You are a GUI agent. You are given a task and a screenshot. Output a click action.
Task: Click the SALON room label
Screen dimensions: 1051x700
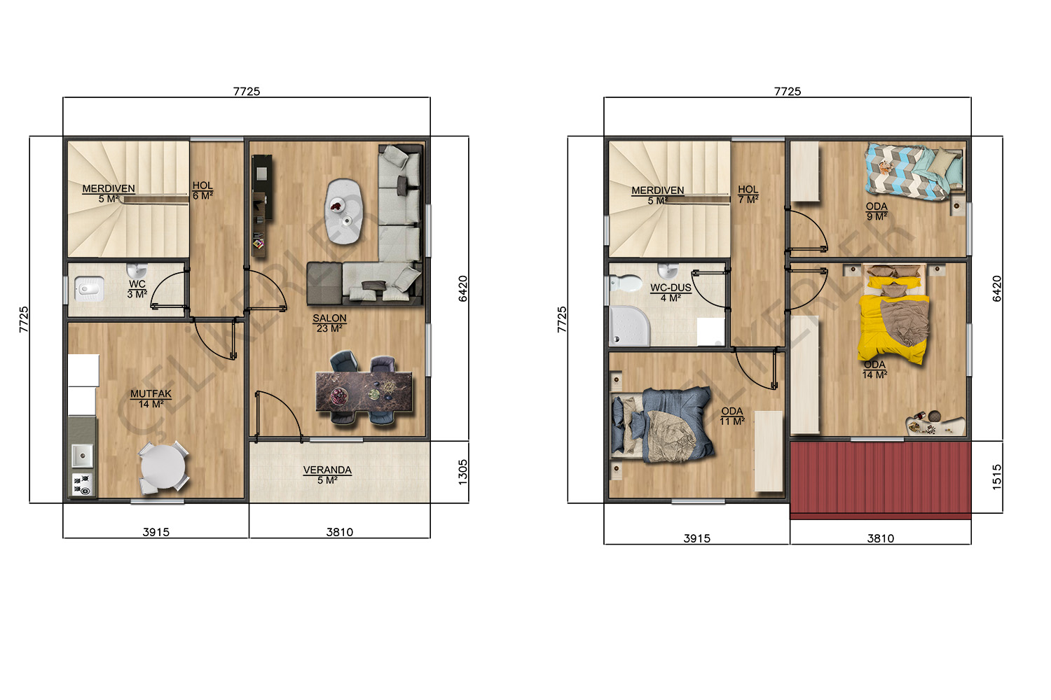click(x=329, y=318)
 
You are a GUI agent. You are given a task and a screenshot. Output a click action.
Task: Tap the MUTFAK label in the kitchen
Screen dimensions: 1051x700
click(x=151, y=394)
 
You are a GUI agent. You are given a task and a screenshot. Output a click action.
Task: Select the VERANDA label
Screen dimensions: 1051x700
click(x=327, y=470)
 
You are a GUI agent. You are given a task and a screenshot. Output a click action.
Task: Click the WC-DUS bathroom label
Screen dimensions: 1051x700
click(x=671, y=288)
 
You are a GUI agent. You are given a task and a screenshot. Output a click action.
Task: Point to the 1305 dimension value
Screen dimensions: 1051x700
click(x=462, y=472)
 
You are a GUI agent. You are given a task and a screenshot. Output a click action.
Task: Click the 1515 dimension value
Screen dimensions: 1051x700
click(x=997, y=477)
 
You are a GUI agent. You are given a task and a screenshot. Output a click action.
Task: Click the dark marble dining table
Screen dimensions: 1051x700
click(x=364, y=392)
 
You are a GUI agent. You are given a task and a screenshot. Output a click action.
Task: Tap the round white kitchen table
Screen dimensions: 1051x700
click(x=163, y=466)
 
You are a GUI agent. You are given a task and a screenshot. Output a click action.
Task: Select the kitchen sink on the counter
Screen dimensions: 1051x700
click(x=82, y=456)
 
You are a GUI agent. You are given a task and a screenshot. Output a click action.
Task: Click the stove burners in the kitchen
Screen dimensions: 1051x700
click(x=82, y=484)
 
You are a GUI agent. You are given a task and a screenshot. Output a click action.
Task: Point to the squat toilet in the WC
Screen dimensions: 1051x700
click(x=89, y=289)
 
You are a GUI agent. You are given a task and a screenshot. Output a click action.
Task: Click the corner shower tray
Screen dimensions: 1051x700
click(x=629, y=326)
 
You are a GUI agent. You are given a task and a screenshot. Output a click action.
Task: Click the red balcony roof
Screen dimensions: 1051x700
click(x=880, y=480)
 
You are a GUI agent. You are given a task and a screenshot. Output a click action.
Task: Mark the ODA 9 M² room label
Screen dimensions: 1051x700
click(x=877, y=211)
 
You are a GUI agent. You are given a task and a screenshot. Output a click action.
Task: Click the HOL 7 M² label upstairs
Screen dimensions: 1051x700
click(x=748, y=195)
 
